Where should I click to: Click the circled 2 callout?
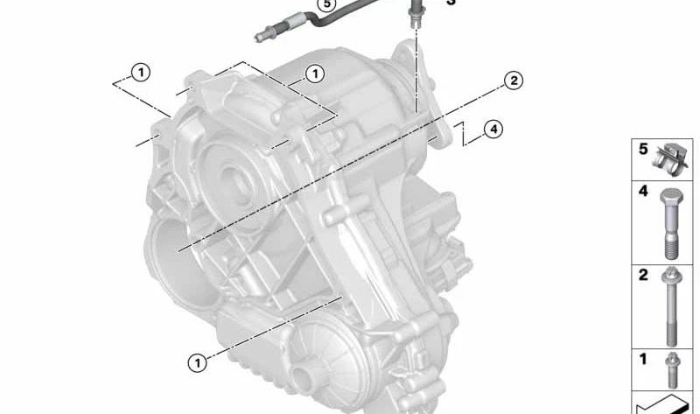(x=513, y=81)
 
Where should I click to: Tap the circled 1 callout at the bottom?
(x=199, y=361)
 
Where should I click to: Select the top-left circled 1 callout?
(x=141, y=72)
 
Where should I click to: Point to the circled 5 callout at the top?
(x=326, y=4)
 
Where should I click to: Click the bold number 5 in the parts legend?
(x=642, y=150)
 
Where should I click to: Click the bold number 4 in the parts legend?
(x=642, y=191)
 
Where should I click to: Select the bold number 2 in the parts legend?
(x=642, y=275)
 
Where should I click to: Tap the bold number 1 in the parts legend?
(x=642, y=359)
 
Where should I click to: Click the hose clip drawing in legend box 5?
(x=671, y=158)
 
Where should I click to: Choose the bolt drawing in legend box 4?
(x=670, y=222)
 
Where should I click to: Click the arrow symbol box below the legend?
(x=665, y=403)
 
